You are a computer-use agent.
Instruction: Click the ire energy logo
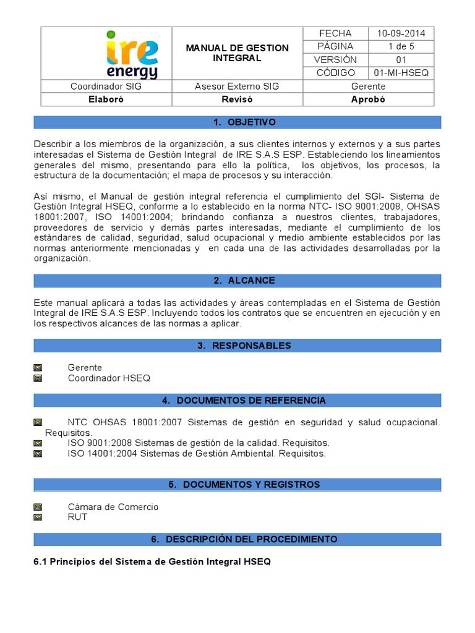pyautogui.click(x=131, y=54)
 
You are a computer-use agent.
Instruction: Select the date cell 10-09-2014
pyautogui.click(x=401, y=33)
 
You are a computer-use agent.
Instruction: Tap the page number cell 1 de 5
pyautogui.click(x=401, y=46)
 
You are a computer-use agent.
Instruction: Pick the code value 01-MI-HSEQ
pyautogui.click(x=401, y=73)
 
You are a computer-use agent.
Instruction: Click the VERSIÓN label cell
pyautogui.click(x=335, y=60)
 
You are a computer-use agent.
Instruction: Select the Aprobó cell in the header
pyautogui.click(x=368, y=100)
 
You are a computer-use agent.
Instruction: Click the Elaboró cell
pyautogui.click(x=106, y=100)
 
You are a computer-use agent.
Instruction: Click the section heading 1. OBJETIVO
pyautogui.click(x=237, y=122)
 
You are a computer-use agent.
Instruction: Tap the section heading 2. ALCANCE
pyautogui.click(x=237, y=281)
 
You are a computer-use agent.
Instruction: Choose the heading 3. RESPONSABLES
pyautogui.click(x=237, y=346)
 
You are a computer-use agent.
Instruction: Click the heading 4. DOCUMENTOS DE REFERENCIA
pyautogui.click(x=237, y=401)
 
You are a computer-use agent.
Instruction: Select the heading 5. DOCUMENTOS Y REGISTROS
pyautogui.click(x=237, y=485)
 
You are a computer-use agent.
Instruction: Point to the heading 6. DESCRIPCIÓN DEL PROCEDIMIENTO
pyautogui.click(x=237, y=540)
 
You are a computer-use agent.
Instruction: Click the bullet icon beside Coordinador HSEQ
pyautogui.click(x=38, y=378)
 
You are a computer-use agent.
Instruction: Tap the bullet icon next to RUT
pyautogui.click(x=38, y=517)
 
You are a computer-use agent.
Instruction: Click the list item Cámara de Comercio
pyautogui.click(x=113, y=507)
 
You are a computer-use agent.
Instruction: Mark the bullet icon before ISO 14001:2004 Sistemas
pyautogui.click(x=38, y=453)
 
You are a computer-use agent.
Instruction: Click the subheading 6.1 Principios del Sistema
pyautogui.click(x=152, y=562)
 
